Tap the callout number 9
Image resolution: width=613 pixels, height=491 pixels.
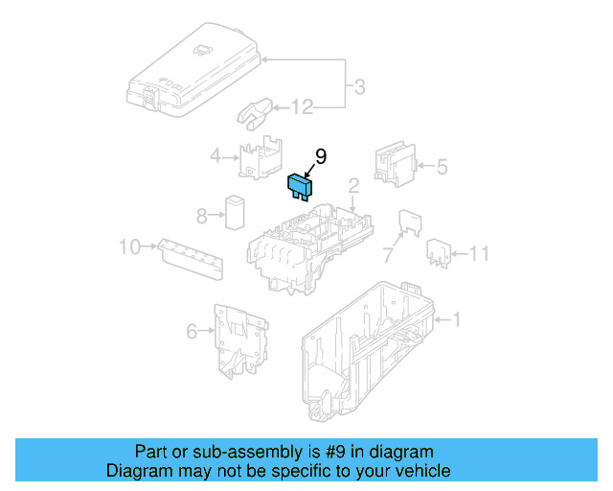pyautogui.click(x=321, y=155)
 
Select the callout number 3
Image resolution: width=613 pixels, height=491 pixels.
pyautogui.click(x=359, y=88)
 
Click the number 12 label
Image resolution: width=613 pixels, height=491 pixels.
pyautogui.click(x=302, y=107)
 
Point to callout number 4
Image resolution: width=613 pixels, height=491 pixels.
pyautogui.click(x=216, y=155)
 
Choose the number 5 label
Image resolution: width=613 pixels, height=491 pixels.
pyautogui.click(x=442, y=167)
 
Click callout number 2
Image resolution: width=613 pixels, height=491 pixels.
pyautogui.click(x=353, y=185)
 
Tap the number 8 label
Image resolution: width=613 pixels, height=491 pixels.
pyautogui.click(x=202, y=215)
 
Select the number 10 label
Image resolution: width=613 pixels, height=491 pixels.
pyautogui.click(x=129, y=247)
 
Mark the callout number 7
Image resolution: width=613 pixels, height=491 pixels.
pyautogui.click(x=388, y=255)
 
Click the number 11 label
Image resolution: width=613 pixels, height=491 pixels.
pyautogui.click(x=480, y=253)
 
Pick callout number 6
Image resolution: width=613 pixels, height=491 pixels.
pyautogui.click(x=192, y=332)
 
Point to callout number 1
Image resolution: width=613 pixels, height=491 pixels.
pyautogui.click(x=456, y=319)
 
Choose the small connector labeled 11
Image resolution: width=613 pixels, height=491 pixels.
pyautogui.click(x=439, y=251)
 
